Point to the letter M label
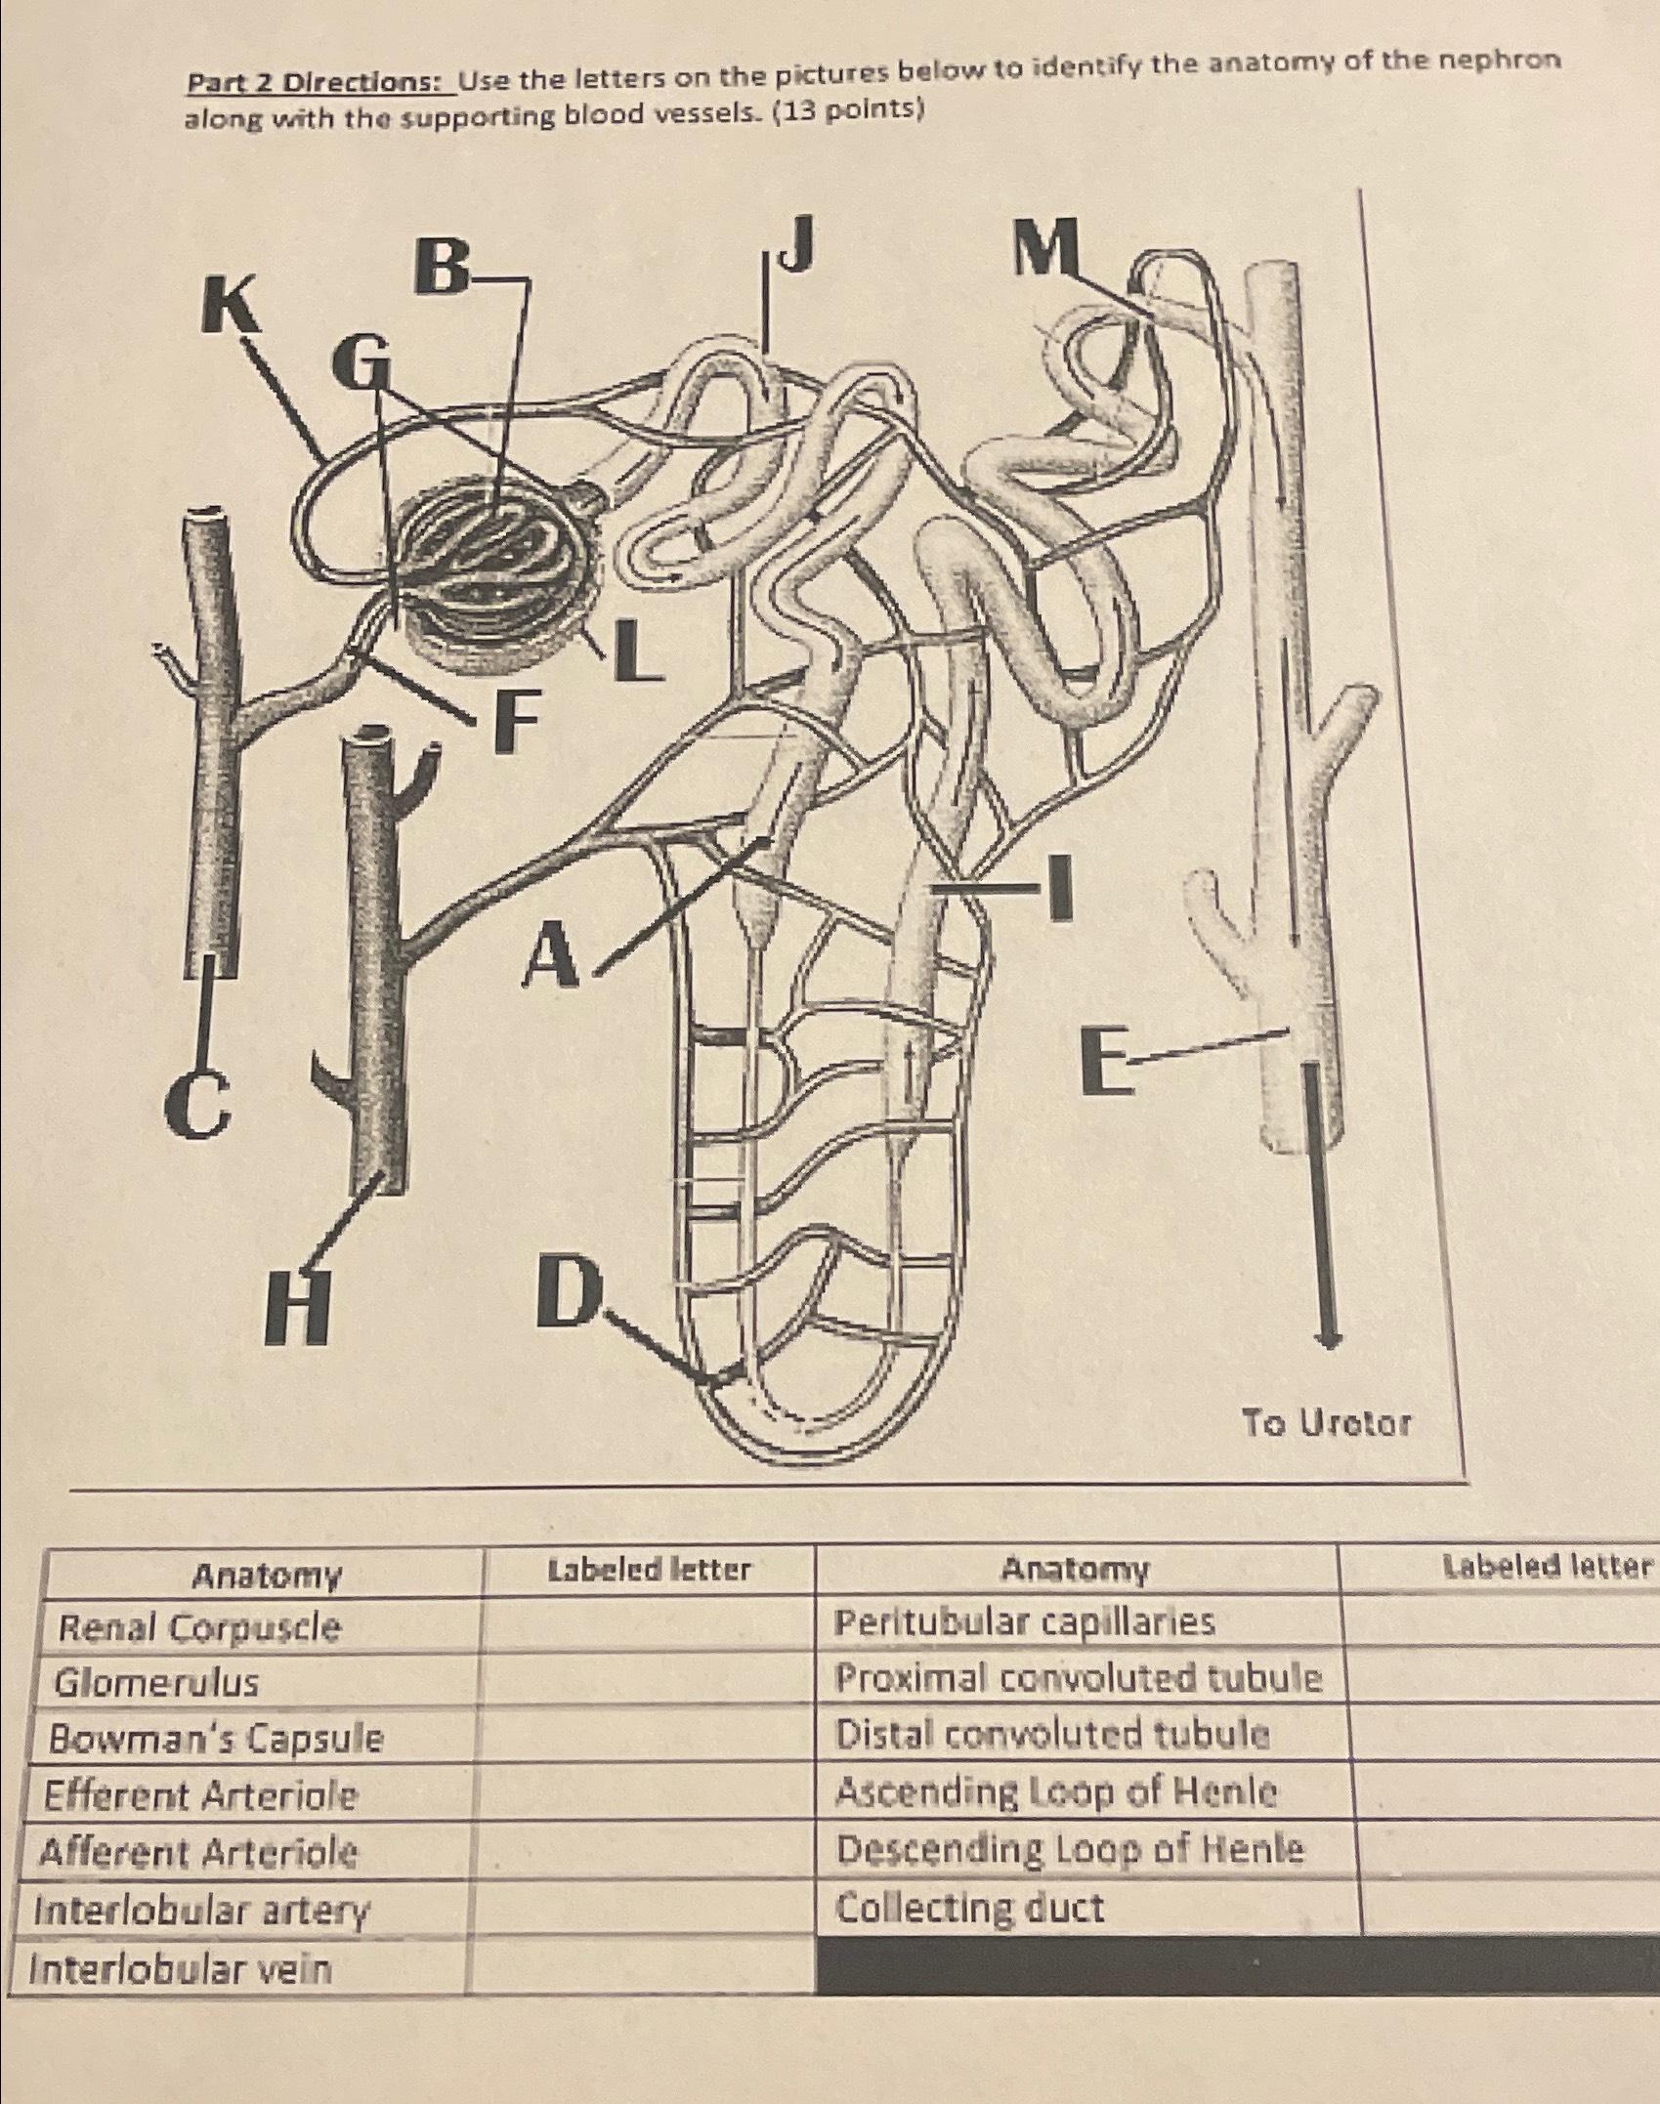1045,247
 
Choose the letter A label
553,955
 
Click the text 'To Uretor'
1326,1423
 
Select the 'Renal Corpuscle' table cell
199,1626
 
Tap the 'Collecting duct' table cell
969,1907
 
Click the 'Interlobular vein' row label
182,1967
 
